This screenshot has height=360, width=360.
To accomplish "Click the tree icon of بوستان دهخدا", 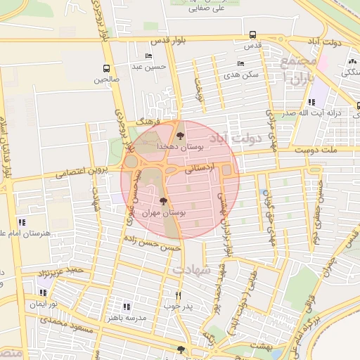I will coord(181,135).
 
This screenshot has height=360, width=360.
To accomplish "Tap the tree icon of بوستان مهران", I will coord(164,201).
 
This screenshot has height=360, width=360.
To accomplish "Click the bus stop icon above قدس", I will coord(252,34).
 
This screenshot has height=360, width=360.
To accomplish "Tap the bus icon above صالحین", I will coord(106,69).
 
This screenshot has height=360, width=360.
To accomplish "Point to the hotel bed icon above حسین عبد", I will coord(148,56).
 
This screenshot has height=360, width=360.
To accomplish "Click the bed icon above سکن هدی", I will coord(241,63).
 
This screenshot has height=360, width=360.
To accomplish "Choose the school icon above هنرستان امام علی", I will coord(22,222).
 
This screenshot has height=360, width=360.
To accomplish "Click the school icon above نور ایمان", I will coord(44,292).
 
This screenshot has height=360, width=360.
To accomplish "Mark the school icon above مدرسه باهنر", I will coord(127,307).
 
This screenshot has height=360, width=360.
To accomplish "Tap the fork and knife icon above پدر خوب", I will coord(178,295).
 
